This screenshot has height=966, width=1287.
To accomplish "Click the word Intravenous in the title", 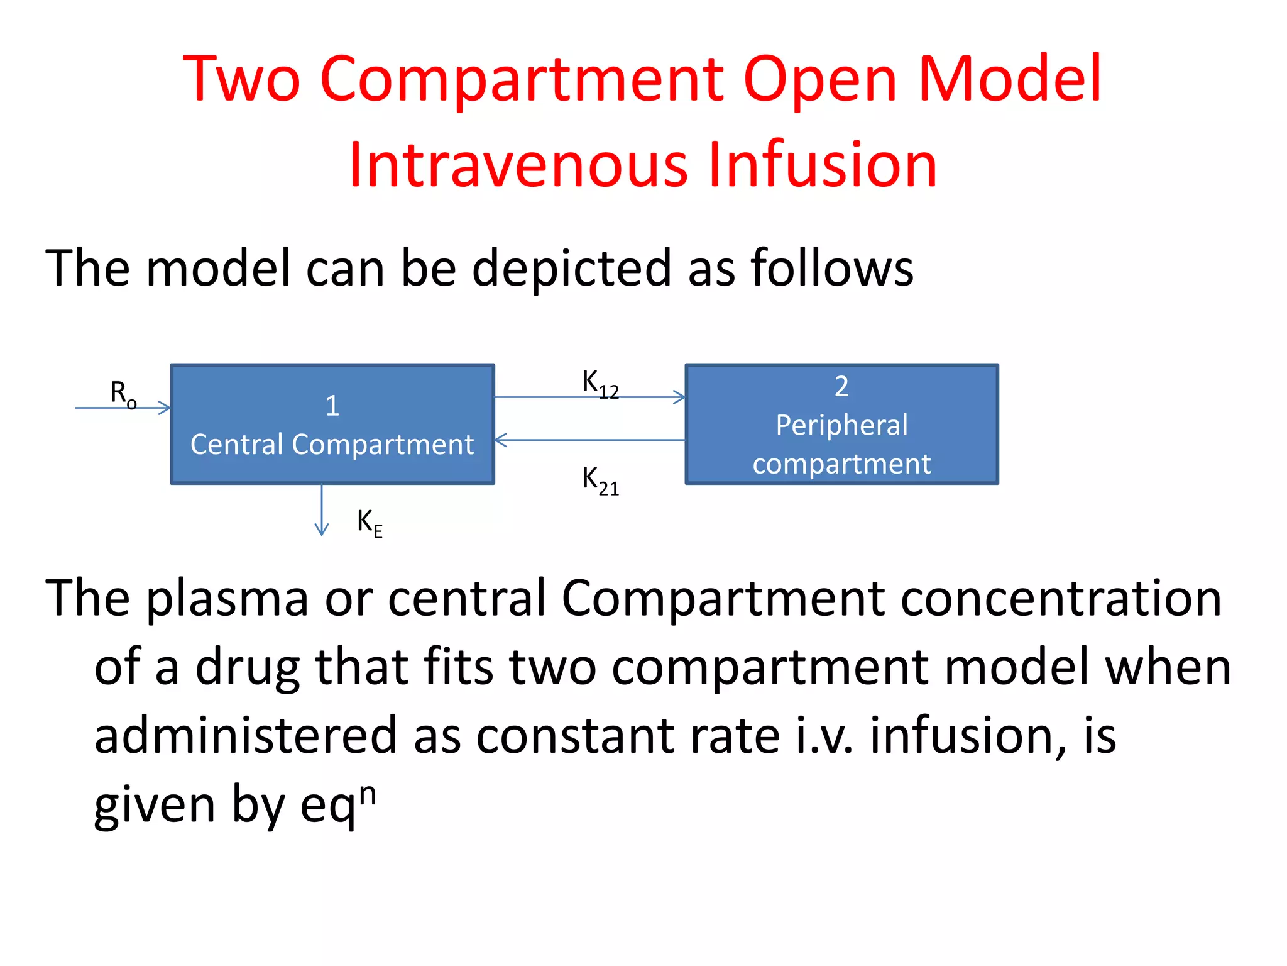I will (x=519, y=165).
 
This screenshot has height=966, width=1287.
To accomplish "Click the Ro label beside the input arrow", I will (x=123, y=394).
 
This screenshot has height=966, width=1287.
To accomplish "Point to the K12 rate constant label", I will (x=600, y=383).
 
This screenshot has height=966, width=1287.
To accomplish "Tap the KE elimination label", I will (x=370, y=523).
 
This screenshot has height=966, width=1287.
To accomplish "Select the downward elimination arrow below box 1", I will (x=322, y=510).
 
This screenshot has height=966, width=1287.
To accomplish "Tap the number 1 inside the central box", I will (x=332, y=406).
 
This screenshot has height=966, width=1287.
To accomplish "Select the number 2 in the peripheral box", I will (x=841, y=386).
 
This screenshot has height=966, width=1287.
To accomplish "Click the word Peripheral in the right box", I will (x=841, y=425).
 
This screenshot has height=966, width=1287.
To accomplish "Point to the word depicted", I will (x=571, y=268).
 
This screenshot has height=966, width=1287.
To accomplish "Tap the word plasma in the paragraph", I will (x=227, y=597).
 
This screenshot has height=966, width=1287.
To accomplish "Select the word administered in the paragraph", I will (x=246, y=735).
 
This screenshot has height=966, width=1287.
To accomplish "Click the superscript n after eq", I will (x=368, y=794).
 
